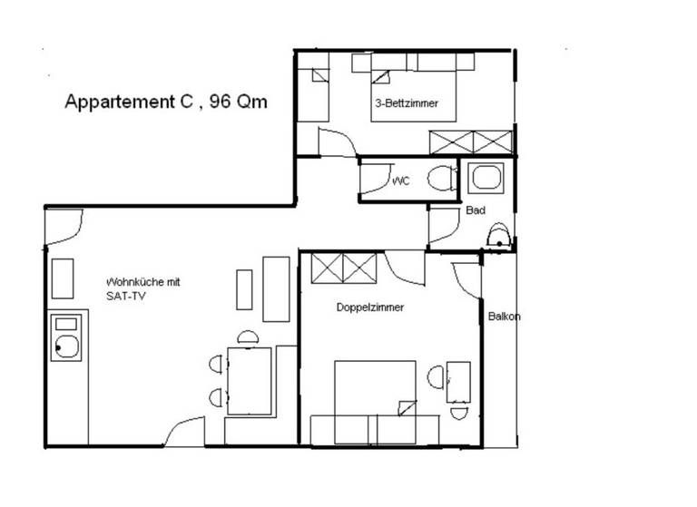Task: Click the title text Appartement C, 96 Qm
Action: click(166, 102)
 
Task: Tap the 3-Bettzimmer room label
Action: click(407, 103)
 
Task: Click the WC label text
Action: click(401, 180)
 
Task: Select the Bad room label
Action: click(476, 210)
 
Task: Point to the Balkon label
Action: click(504, 317)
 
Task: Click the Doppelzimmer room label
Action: click(370, 307)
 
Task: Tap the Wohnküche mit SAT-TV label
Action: click(143, 288)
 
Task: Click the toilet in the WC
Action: click(442, 179)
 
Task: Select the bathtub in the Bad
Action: click(486, 178)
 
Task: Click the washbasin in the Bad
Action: click(498, 235)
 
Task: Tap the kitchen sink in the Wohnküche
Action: click(66, 337)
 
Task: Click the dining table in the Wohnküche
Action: click(250, 381)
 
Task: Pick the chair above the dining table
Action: click(248, 336)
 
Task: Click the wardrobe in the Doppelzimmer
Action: click(344, 268)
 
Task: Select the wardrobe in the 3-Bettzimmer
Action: click(471, 142)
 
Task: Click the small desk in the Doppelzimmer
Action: click(458, 382)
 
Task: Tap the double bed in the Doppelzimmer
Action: click(375, 402)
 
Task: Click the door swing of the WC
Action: click(376, 179)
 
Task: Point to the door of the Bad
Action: click(444, 225)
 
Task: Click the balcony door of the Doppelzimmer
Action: click(466, 280)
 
